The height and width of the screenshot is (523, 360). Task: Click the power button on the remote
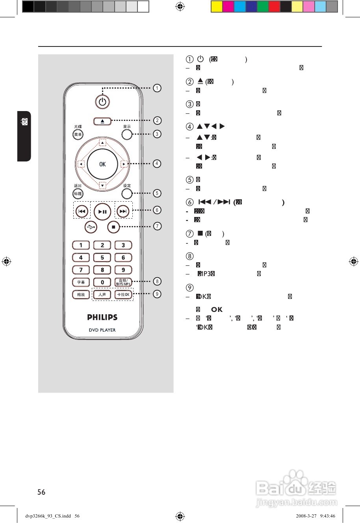(x=102, y=102)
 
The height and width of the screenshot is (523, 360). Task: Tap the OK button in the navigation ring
(x=102, y=164)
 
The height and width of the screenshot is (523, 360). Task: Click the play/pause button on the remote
(x=102, y=212)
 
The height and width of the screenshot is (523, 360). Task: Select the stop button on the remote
(x=113, y=227)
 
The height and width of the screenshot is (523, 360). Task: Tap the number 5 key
(x=102, y=258)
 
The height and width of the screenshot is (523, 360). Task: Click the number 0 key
(x=102, y=282)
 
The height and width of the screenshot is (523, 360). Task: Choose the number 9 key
(x=123, y=270)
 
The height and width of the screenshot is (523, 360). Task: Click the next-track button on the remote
(x=123, y=211)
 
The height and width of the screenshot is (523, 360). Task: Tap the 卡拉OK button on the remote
(x=123, y=295)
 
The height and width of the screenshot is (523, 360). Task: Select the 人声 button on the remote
(x=102, y=295)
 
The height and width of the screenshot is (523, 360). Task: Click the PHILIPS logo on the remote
(x=102, y=317)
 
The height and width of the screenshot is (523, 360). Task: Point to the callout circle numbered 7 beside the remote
(x=157, y=226)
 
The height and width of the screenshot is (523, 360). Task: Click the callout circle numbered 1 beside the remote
(x=157, y=88)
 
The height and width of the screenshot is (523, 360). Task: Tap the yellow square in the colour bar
(x=217, y=7)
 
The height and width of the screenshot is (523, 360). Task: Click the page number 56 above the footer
(x=41, y=492)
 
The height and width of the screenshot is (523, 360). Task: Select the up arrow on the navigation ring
(x=102, y=143)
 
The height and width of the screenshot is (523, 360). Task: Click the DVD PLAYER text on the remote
(x=102, y=330)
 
